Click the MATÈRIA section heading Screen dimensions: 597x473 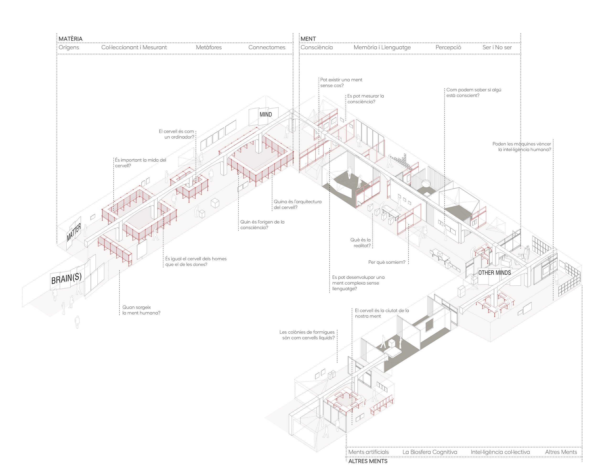coord(70,39)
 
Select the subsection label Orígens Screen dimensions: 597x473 coord(69,47)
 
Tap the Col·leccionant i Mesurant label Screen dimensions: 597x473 coord(134,47)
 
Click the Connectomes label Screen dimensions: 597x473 coord(267,47)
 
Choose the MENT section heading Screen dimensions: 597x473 coord(308,39)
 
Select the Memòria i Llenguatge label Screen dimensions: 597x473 coord(382,47)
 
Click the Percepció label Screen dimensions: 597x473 coord(448,47)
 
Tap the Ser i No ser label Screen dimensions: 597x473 coord(497,47)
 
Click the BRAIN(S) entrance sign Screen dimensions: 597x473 coord(66,278)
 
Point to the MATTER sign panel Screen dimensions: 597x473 coord(74,232)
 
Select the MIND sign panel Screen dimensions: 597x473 coord(266,114)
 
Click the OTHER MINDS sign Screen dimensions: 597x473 coord(495,272)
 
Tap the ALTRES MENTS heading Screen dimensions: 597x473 coord(368,461)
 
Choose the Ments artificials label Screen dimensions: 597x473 coord(368,452)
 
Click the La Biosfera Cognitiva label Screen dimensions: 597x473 coord(430,452)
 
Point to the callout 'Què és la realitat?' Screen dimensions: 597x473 coord(360,243)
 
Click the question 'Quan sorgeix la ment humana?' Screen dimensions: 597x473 coord(141,310)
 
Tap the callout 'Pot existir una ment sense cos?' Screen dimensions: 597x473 coord(341,82)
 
